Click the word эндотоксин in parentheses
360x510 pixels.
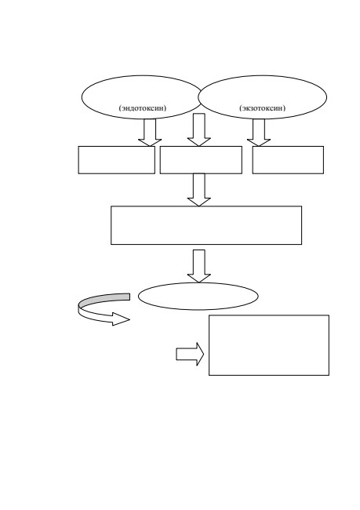pyautogui.click(x=143, y=107)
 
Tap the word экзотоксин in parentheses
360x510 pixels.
pyautogui.click(x=263, y=107)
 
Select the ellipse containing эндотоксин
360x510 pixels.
pyautogui.click(x=141, y=97)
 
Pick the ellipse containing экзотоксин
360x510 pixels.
pyautogui.click(x=263, y=97)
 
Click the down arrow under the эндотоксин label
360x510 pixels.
pyautogui.click(x=150, y=132)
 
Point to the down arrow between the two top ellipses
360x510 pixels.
pyautogui.click(x=199, y=129)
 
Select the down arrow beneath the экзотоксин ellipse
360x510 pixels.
pyautogui.click(x=259, y=132)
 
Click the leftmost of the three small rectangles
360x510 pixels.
pyautogui.click(x=116, y=160)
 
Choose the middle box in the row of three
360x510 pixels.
pyautogui.click(x=201, y=160)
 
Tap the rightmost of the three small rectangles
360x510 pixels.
pyautogui.click(x=288, y=160)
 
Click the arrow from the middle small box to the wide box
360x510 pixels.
pyautogui.click(x=199, y=190)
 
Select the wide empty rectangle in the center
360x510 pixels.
pyautogui.click(x=206, y=225)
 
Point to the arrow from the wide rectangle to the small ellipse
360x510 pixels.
pyautogui.click(x=199, y=266)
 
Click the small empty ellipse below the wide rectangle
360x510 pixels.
pyautogui.click(x=198, y=296)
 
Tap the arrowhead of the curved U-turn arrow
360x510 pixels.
pyautogui.click(x=121, y=319)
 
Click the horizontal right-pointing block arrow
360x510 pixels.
pyautogui.click(x=191, y=354)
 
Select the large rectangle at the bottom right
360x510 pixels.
pyautogui.click(x=269, y=345)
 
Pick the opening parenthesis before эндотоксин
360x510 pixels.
pyautogui.click(x=120, y=108)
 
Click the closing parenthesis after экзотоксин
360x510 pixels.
pyautogui.click(x=285, y=108)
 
